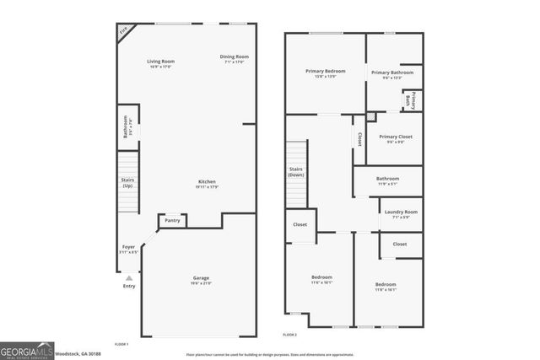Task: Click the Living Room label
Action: (160, 62)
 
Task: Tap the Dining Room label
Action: (236, 57)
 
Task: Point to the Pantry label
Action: (172, 221)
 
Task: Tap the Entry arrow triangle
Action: (128, 277)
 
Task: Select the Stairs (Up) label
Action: (128, 181)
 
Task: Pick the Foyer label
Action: (128, 249)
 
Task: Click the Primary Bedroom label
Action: (325, 73)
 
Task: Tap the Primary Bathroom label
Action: (392, 74)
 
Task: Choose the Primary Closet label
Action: (395, 138)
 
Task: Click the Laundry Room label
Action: (400, 213)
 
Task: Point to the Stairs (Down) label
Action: (296, 172)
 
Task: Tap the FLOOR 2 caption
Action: (290, 335)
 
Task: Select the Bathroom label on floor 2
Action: (387, 180)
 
